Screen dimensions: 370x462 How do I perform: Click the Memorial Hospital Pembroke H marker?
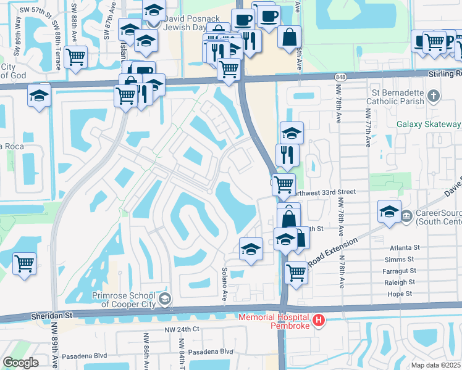[319, 320]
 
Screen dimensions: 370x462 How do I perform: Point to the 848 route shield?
[342, 76]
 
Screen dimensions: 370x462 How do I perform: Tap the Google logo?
[20, 362]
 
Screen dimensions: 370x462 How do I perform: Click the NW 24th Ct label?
[182, 329]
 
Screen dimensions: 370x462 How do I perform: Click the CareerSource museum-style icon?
[406, 216]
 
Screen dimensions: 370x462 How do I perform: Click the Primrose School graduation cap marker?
[164, 299]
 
